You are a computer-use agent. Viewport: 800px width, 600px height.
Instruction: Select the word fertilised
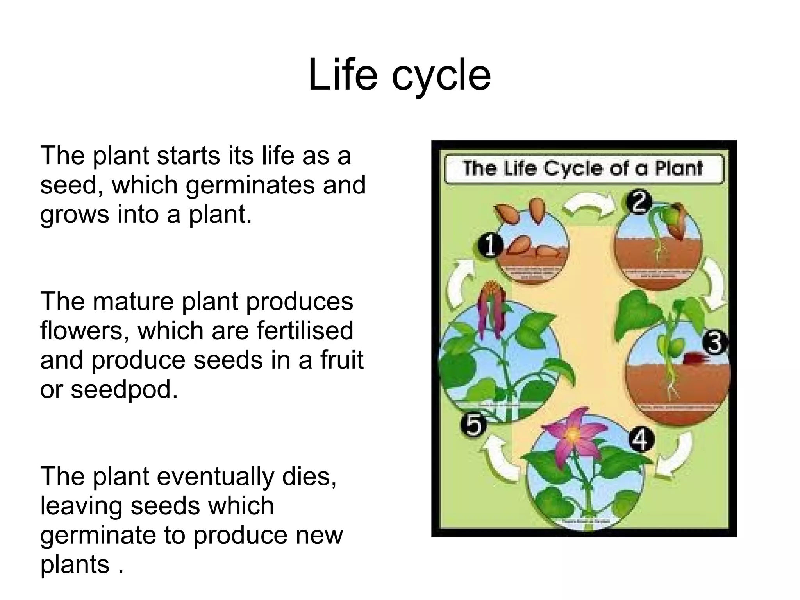click(x=305, y=331)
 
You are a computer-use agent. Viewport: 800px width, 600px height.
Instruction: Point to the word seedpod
click(x=124, y=389)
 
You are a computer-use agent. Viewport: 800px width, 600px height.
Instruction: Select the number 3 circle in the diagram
click(x=714, y=343)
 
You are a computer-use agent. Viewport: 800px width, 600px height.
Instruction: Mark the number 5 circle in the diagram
click(x=473, y=424)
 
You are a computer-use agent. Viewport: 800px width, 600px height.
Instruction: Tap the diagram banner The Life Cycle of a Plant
click(x=584, y=169)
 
